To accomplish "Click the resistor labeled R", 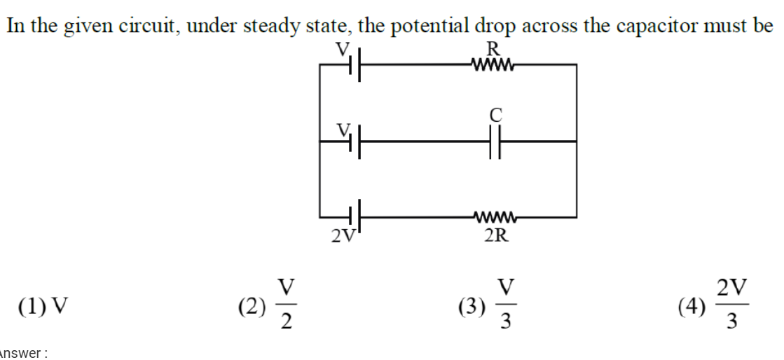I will click(x=495, y=67).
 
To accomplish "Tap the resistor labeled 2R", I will click(x=495, y=215).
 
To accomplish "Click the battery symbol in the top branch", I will click(x=355, y=67).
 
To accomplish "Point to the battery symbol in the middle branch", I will click(x=355, y=141).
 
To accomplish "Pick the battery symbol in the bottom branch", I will click(x=355, y=215).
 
